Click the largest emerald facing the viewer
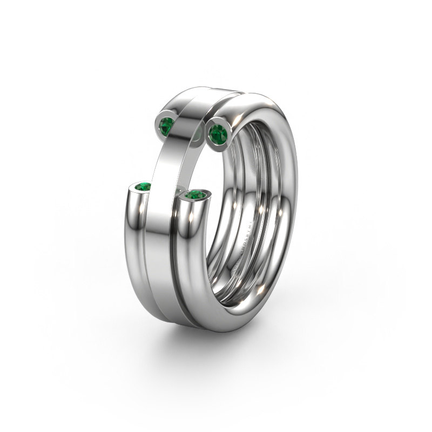click(218, 133)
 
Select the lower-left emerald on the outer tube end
click(144, 187)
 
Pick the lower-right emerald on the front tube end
click(195, 194)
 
